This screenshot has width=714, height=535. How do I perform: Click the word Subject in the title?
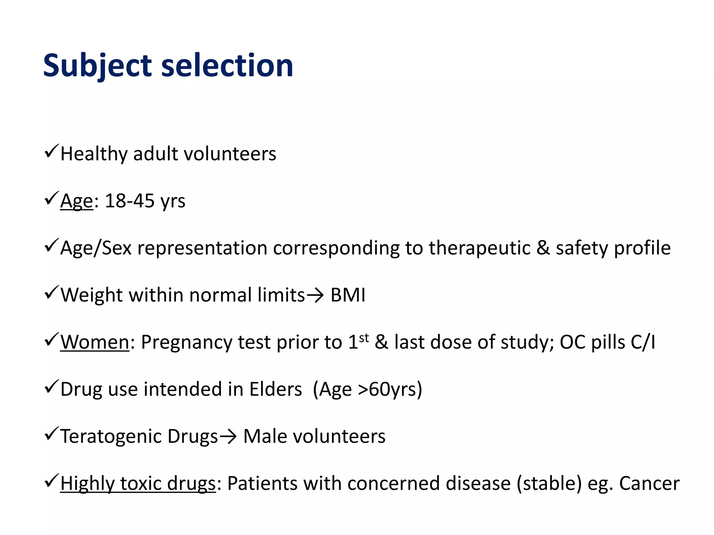pyautogui.click(x=97, y=66)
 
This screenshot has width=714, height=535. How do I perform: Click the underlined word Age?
pyautogui.click(x=77, y=201)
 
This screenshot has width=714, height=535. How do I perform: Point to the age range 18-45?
pyautogui.click(x=130, y=201)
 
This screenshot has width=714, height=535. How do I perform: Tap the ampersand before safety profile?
pyautogui.click(x=543, y=248)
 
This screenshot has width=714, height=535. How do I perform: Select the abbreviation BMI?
pyautogui.click(x=348, y=295)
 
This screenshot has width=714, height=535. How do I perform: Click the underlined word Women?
pyautogui.click(x=95, y=342)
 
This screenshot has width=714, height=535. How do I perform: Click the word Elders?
pyautogui.click(x=275, y=389)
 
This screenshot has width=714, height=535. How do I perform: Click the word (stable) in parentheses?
pyautogui.click(x=549, y=483)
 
